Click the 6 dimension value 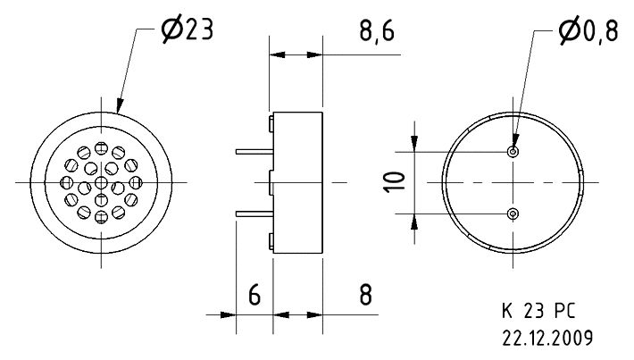pos(254,295)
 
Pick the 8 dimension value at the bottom pos(364,295)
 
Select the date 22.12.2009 pos(547,339)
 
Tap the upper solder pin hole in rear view pos(513,152)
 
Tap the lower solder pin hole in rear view pos(513,213)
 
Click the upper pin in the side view pos(254,153)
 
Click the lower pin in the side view pos(254,213)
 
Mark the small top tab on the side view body pos(271,119)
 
